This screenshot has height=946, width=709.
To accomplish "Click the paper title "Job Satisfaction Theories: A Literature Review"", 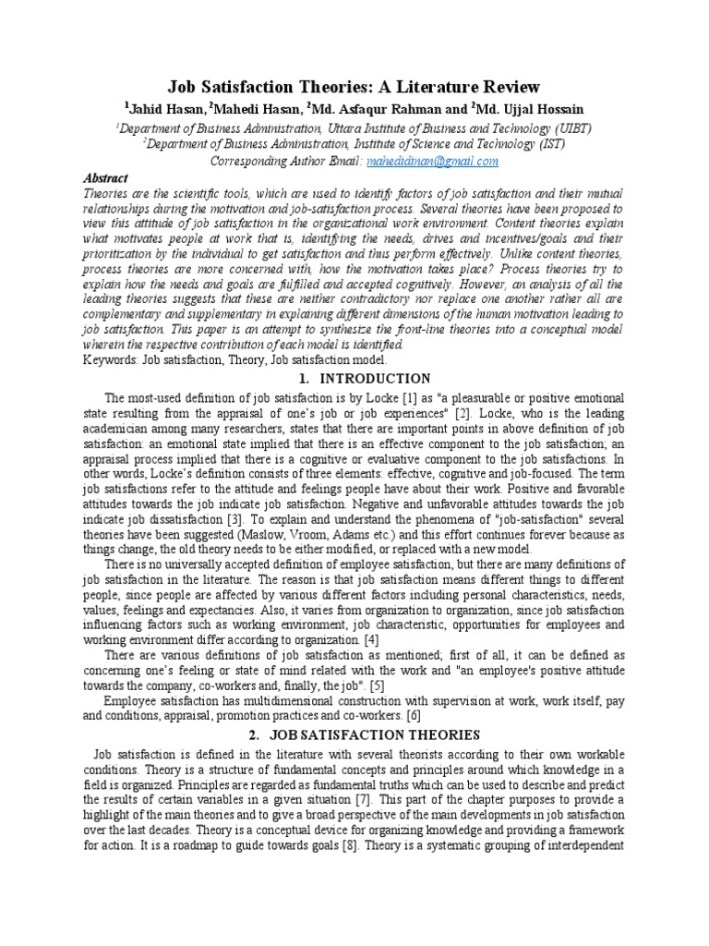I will pos(354,87).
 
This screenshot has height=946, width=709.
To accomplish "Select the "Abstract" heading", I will pos(106,177).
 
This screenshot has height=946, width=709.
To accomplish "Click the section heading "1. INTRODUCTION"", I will pos(354,378).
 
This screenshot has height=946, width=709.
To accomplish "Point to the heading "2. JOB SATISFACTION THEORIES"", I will pos(354,734).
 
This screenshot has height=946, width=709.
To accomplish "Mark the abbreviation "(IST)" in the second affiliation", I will pos(551,144).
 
